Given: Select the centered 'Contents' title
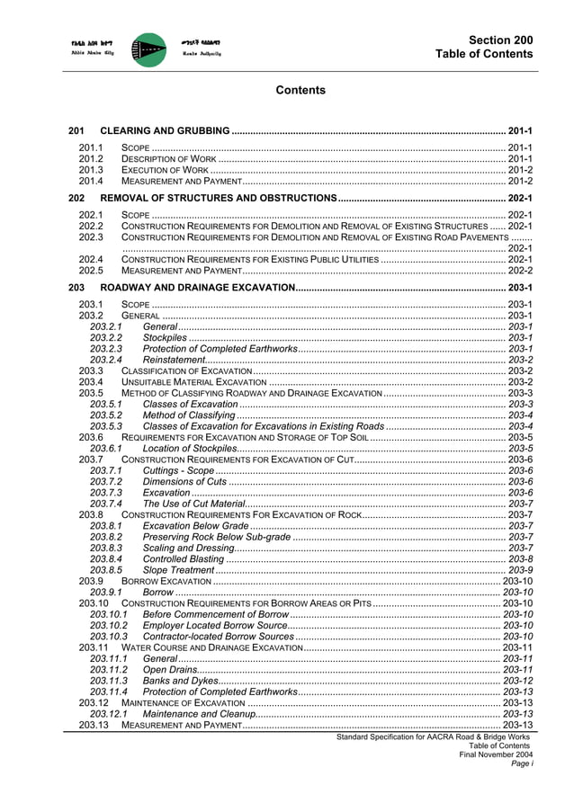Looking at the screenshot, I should (x=300, y=91).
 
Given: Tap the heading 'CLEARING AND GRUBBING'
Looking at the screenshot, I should (x=164, y=131).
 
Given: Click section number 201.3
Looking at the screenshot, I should (x=91, y=169).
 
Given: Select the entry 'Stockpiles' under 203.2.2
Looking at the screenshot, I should (x=166, y=337).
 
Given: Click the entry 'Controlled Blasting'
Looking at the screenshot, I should (x=184, y=558).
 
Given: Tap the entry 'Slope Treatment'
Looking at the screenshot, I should (x=178, y=570).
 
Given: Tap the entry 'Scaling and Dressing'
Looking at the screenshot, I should (x=188, y=548).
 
